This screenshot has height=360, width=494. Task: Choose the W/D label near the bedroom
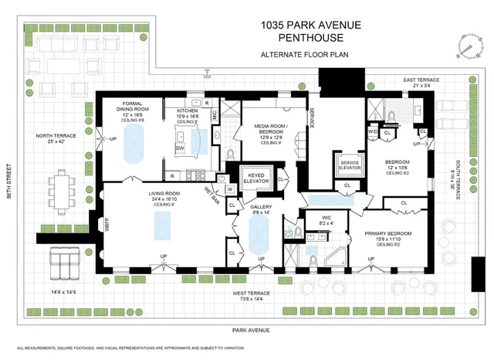click(373, 132)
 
